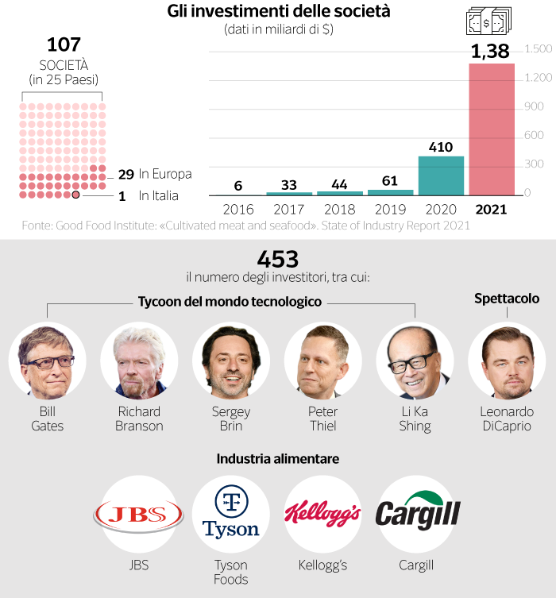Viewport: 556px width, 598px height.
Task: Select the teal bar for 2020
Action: [441, 176]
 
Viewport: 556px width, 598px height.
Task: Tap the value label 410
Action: [441, 147]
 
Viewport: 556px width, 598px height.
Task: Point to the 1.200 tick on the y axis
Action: [539, 78]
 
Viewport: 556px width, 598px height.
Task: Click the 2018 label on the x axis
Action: [339, 210]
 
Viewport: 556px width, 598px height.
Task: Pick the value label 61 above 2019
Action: [390, 182]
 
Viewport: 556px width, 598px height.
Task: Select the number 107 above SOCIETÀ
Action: [64, 44]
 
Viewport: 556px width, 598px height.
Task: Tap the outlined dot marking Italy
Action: [75, 195]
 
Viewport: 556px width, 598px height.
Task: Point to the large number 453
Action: [278, 259]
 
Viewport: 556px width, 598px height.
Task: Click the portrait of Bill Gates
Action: [47, 361]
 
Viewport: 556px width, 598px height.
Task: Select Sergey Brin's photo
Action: [231, 361]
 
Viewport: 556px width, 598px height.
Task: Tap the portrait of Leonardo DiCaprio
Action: [507, 361]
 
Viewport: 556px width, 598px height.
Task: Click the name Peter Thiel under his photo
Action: [323, 419]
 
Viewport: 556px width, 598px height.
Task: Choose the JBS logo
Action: [139, 515]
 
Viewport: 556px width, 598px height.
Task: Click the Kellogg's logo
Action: [323, 515]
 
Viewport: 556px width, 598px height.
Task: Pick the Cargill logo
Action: [416, 513]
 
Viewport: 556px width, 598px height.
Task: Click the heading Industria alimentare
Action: [278, 459]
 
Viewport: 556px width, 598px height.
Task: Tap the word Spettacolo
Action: [507, 299]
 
